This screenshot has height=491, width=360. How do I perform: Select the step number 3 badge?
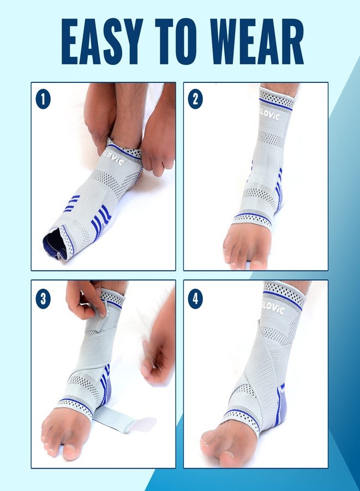coord(43,299)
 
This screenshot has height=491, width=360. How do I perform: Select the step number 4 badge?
coord(195,299)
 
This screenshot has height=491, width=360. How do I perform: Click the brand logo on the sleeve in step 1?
coord(114,158)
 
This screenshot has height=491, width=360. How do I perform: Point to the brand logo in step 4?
coord(273,308)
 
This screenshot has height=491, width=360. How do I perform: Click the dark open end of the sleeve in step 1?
coord(54,244)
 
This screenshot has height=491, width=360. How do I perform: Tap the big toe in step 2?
coord(257,264)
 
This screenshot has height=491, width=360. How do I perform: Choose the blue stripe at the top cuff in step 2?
coord(276,105)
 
